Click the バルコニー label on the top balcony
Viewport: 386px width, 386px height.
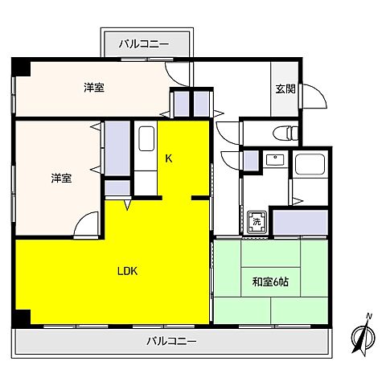pyautogui.click(x=145, y=43)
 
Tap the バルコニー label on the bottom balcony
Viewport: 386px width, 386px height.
pyautogui.click(x=171, y=341)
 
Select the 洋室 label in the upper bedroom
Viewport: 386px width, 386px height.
pyautogui.click(x=94, y=87)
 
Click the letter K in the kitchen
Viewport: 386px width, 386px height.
pyautogui.click(x=169, y=158)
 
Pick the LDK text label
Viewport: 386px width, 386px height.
pyautogui.click(x=128, y=271)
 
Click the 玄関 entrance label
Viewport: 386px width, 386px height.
pyautogui.click(x=285, y=88)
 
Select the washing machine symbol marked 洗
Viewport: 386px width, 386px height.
pyautogui.click(x=257, y=221)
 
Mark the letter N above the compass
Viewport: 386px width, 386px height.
pyautogui.click(x=368, y=316)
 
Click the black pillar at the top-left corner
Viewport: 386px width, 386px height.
pyautogui.click(x=22, y=68)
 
